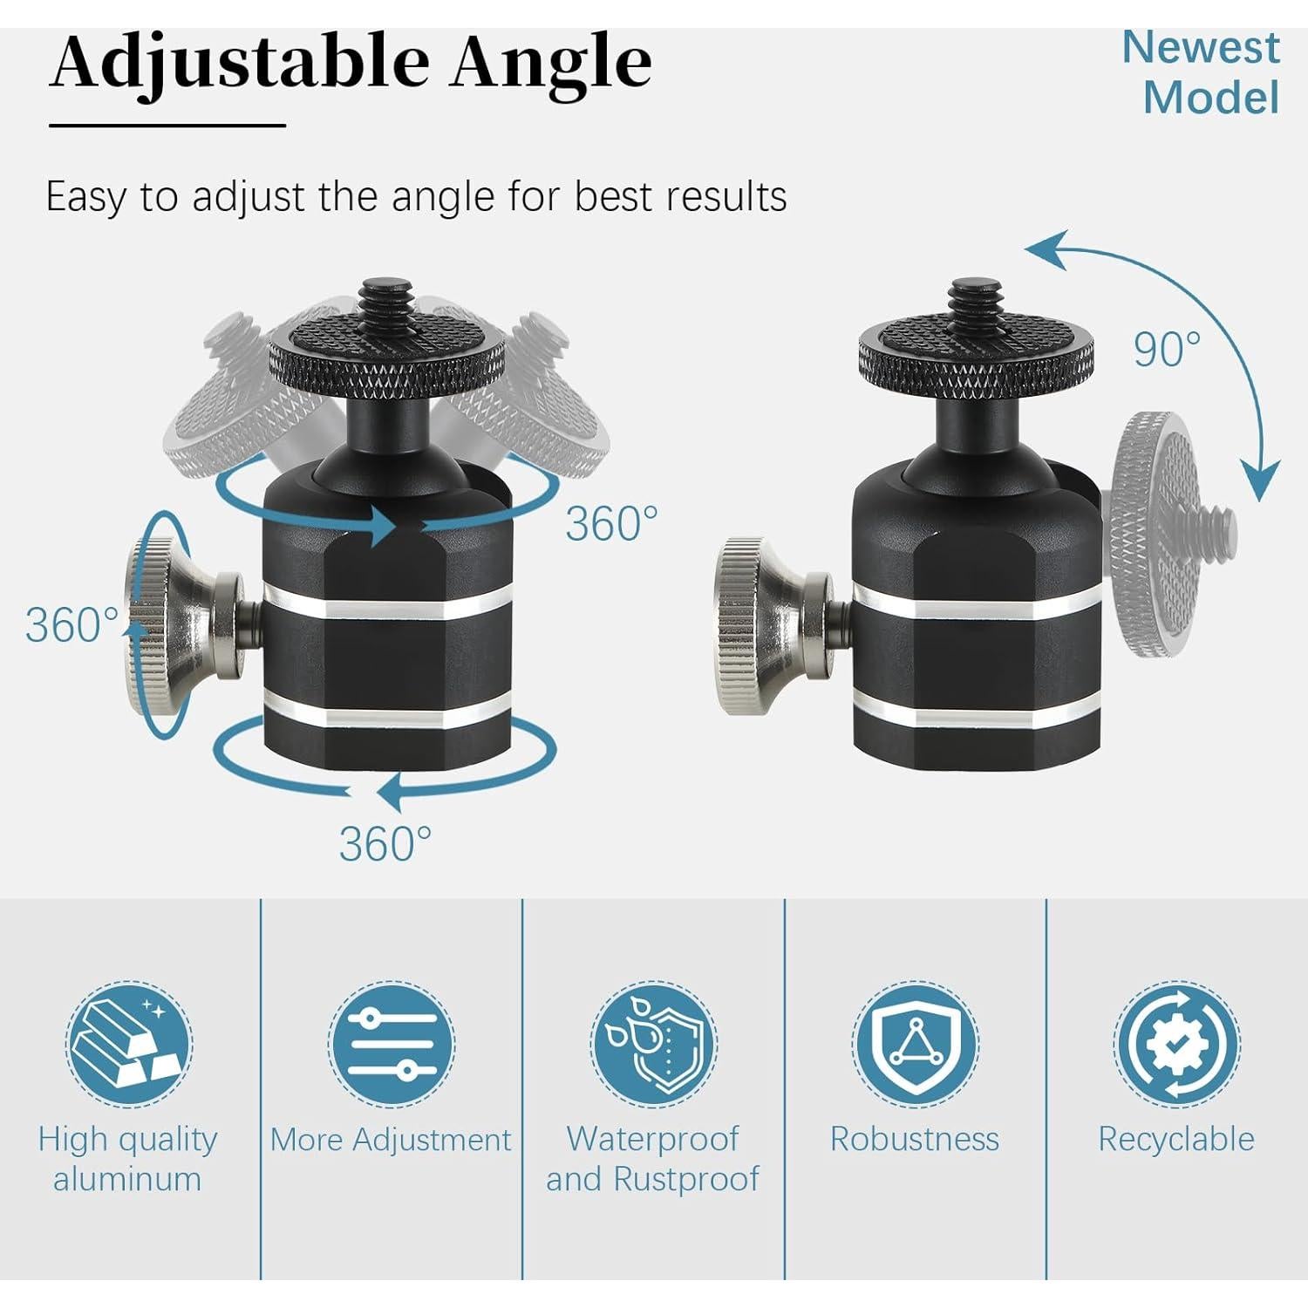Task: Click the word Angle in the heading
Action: (551, 63)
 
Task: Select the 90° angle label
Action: (1167, 350)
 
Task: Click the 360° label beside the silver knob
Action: (72, 625)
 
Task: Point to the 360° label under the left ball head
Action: (385, 843)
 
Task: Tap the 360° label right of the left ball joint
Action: (611, 523)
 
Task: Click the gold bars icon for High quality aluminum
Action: (129, 1044)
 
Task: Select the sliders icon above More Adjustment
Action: (391, 1044)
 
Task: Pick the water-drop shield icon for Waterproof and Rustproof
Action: (653, 1044)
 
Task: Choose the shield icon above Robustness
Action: (915, 1044)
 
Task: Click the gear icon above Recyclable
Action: (1176, 1044)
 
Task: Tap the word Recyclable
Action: (1176, 1139)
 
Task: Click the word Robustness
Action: (915, 1139)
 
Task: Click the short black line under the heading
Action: (167, 126)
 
